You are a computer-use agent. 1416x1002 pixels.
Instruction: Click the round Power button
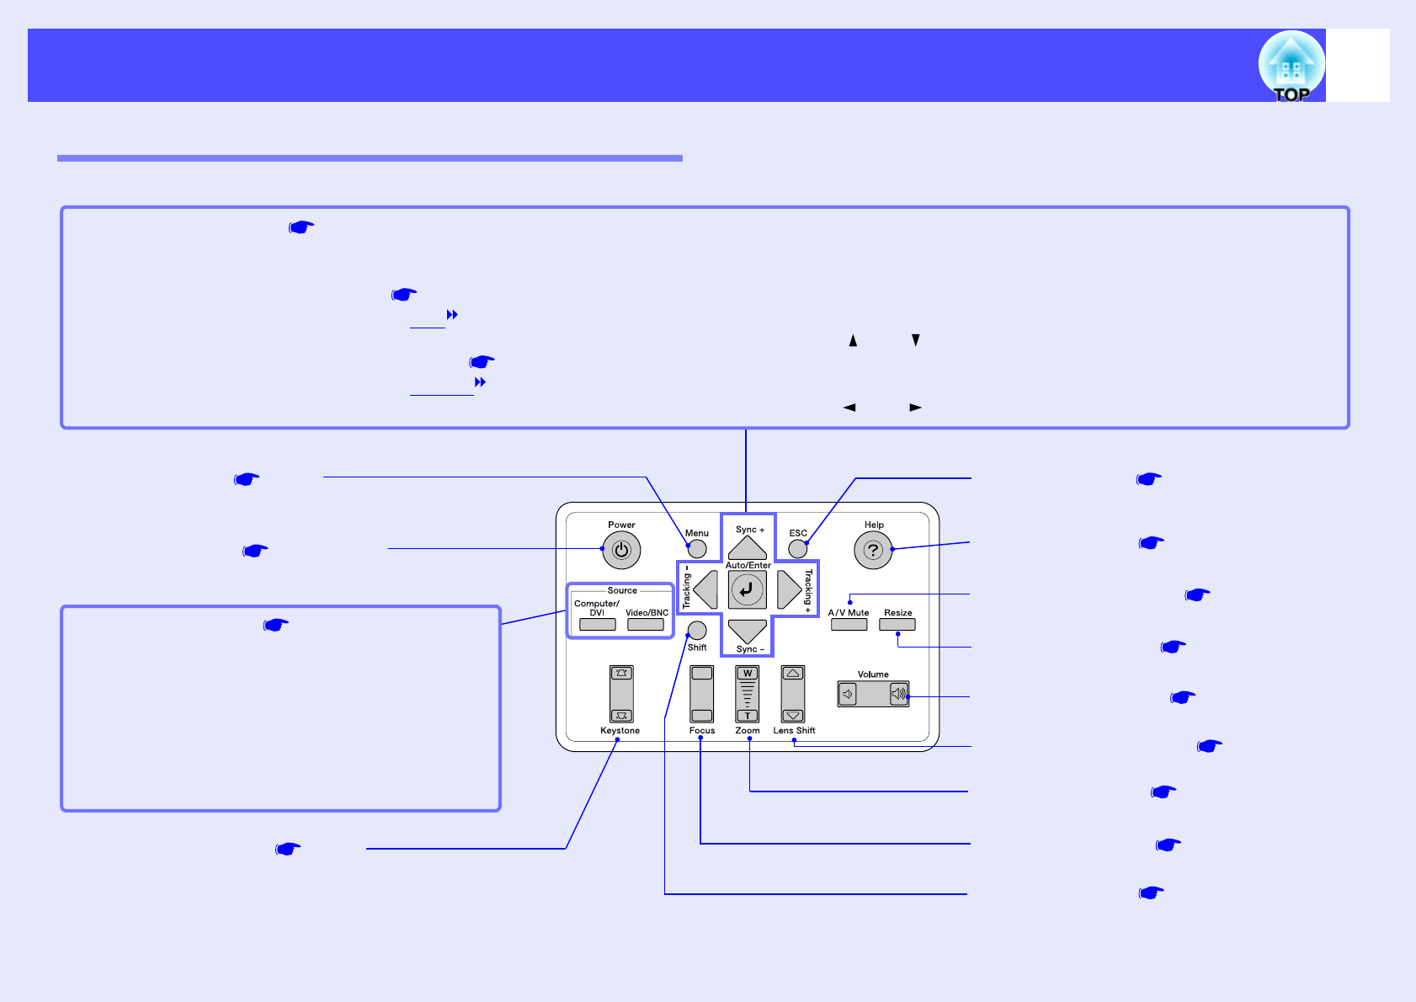(x=621, y=551)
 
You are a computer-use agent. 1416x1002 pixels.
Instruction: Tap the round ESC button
(x=797, y=549)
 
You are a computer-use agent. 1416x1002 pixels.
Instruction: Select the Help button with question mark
(x=873, y=551)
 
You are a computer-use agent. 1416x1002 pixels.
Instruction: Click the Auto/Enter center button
(x=747, y=589)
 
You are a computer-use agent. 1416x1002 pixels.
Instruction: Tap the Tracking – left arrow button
(x=705, y=589)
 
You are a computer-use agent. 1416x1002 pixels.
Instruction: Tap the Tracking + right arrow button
(x=789, y=589)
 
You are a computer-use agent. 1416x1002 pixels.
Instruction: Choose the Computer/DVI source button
(x=597, y=625)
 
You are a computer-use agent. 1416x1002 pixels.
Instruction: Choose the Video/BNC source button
(x=646, y=625)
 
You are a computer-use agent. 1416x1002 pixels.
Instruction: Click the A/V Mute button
(x=849, y=625)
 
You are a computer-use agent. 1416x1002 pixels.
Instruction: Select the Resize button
(x=897, y=625)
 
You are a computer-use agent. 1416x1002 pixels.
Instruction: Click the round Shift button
(x=697, y=631)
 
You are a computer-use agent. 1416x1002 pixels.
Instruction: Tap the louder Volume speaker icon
(x=899, y=694)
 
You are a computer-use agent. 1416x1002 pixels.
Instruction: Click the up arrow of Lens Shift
(x=793, y=674)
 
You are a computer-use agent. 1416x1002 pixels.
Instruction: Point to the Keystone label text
(x=620, y=731)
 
